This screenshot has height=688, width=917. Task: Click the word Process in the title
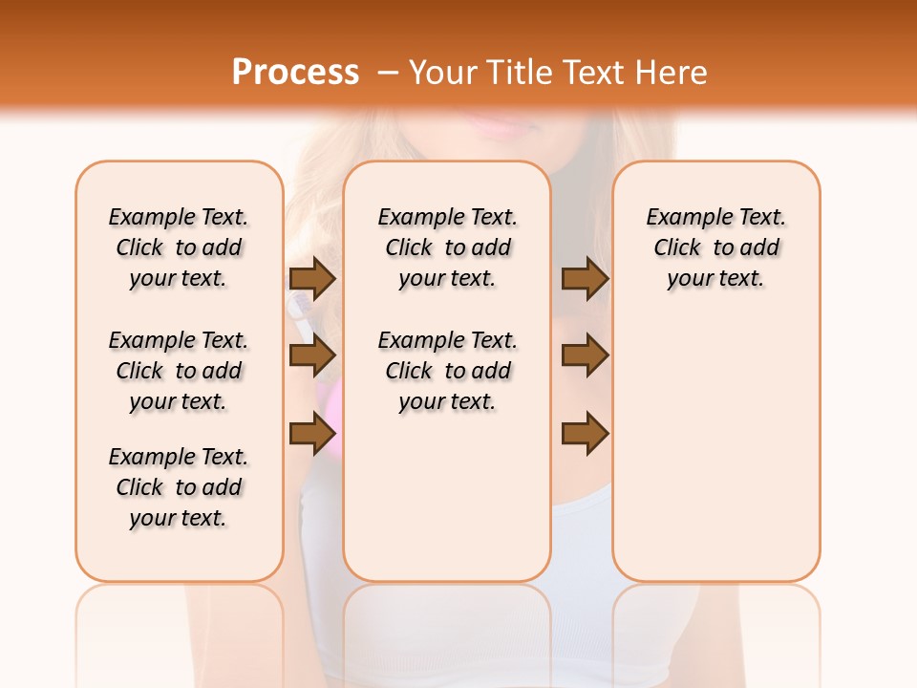coord(295,73)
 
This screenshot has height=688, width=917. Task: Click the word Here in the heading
coord(672,73)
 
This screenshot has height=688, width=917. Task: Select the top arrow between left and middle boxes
coord(312,278)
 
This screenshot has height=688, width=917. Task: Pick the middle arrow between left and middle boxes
coord(312,355)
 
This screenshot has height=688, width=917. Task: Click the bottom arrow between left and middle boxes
coord(312,433)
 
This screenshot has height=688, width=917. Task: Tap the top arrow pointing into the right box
coord(585,278)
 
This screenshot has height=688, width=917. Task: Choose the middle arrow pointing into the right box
coord(585,355)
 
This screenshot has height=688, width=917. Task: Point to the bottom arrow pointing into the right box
coord(585,433)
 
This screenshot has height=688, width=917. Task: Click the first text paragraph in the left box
coord(179,247)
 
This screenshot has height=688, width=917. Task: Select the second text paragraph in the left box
coord(179,371)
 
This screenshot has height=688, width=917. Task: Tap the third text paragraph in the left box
coord(179,487)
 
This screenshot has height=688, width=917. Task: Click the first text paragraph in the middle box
coord(448,247)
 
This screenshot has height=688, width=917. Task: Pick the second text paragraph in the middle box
coord(448,371)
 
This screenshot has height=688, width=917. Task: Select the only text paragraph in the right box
coord(716,247)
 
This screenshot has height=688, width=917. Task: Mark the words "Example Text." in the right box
coord(716,218)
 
